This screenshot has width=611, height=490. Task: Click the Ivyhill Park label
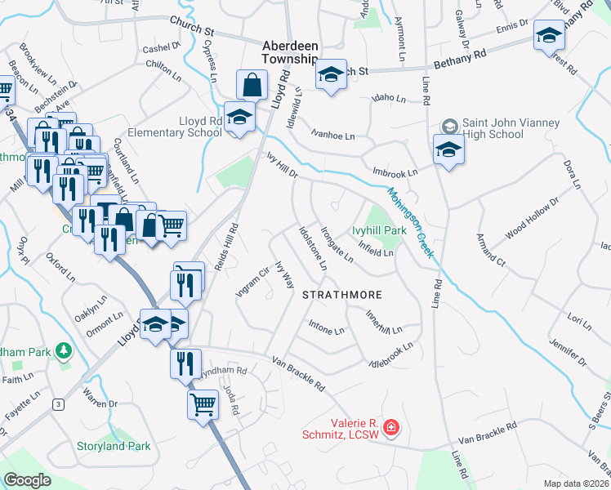coord(379,231)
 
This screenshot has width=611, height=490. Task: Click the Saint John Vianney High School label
coord(511,128)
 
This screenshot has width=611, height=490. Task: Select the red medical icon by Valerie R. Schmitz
coord(391,427)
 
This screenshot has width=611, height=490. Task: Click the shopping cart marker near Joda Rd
coord(203,403)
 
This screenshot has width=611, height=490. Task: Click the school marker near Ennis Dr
coord(550,36)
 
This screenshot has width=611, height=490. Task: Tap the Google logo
coord(27,480)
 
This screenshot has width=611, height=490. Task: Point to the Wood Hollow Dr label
coord(531,218)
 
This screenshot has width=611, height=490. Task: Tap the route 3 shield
coord(58,403)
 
